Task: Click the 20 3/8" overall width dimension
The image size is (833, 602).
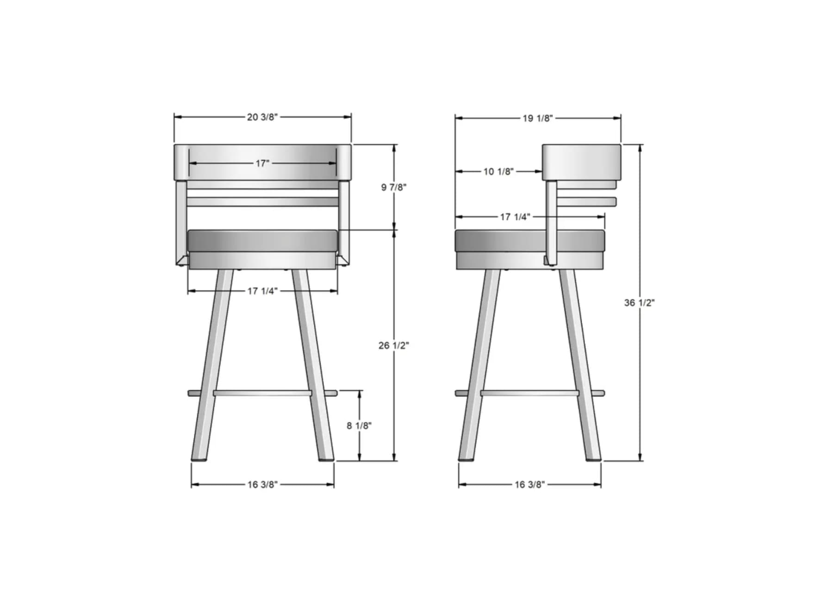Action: [x=262, y=117]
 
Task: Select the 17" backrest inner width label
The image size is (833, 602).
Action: [x=262, y=163]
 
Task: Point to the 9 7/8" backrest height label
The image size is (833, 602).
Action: [x=394, y=187]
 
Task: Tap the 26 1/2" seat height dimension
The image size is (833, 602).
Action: [x=394, y=345]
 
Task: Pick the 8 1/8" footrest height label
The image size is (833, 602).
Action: [x=359, y=426]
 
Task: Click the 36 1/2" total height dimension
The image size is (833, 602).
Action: [x=640, y=303]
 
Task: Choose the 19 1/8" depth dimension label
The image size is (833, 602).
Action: [x=538, y=118]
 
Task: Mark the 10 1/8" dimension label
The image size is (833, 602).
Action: [x=498, y=171]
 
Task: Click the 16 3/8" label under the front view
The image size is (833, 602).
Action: [x=262, y=484]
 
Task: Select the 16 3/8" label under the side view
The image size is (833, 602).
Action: [x=530, y=484]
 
